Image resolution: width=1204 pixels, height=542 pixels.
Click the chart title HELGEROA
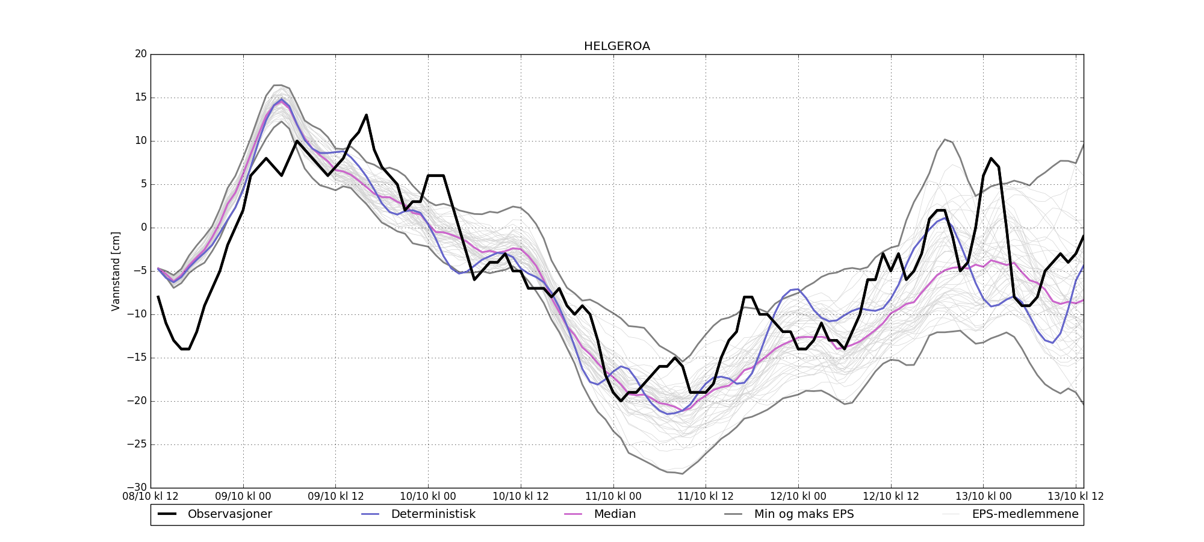[x=616, y=46]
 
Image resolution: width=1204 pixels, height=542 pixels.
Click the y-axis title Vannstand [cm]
[x=116, y=271]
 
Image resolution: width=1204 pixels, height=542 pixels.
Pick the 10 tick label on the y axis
[x=141, y=141]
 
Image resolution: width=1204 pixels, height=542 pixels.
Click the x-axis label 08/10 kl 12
[x=150, y=497]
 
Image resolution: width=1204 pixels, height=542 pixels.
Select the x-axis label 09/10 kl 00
[x=243, y=497]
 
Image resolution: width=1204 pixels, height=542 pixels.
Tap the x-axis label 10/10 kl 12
[x=521, y=497]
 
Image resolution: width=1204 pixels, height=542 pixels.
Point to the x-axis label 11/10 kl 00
[x=613, y=497]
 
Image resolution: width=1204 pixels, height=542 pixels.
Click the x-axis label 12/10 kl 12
[x=891, y=497]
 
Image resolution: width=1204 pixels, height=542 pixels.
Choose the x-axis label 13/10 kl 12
[x=1076, y=497]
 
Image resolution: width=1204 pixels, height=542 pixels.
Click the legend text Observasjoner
[x=230, y=514]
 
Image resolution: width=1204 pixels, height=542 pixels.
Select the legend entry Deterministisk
[x=433, y=514]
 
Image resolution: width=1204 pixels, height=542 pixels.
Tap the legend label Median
[x=615, y=514]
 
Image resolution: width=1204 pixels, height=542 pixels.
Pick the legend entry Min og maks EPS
[x=804, y=514]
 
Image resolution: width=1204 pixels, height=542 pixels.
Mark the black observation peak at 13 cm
[x=366, y=115]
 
